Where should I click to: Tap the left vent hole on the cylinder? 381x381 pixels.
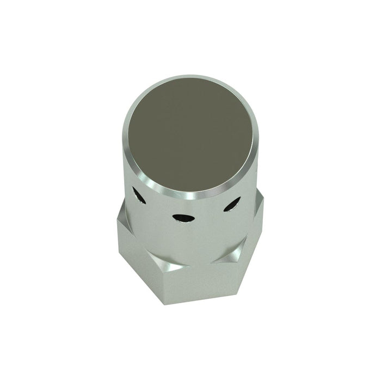139,196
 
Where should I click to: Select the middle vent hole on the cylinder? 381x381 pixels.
183,218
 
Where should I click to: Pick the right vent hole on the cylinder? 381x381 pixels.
232,204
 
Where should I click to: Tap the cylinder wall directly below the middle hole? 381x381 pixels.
185,239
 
